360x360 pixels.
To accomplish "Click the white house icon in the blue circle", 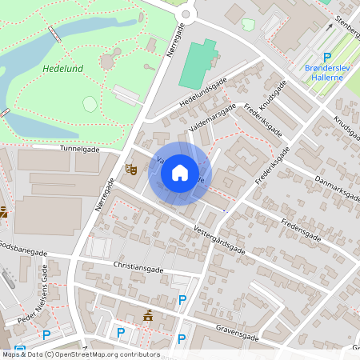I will click(180, 172).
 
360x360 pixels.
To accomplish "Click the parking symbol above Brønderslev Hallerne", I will click(326, 56).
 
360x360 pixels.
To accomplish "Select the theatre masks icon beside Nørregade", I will click(130, 169).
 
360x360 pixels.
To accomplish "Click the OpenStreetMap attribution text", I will click(80, 354).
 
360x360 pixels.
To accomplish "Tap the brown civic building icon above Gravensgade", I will click(147, 316).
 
